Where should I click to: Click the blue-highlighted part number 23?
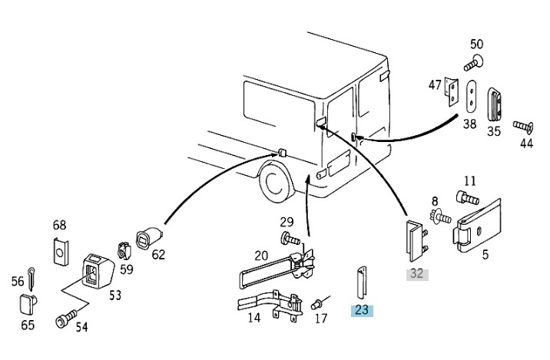tap(362, 310)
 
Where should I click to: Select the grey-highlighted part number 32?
tap(417, 274)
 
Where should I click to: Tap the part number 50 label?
tap(476, 45)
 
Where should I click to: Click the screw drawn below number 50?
tap(473, 63)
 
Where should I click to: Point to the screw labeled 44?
tap(523, 127)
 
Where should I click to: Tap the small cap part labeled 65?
tap(28, 303)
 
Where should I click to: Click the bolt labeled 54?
tap(67, 318)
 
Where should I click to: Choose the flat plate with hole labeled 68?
tap(61, 251)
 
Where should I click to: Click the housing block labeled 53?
tap(98, 271)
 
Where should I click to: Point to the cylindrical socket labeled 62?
tap(149, 239)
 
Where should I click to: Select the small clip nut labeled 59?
tap(124, 249)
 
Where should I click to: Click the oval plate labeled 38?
tap(471, 97)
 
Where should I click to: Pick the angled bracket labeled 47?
tap(452, 91)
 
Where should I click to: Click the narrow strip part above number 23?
tap(362, 284)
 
